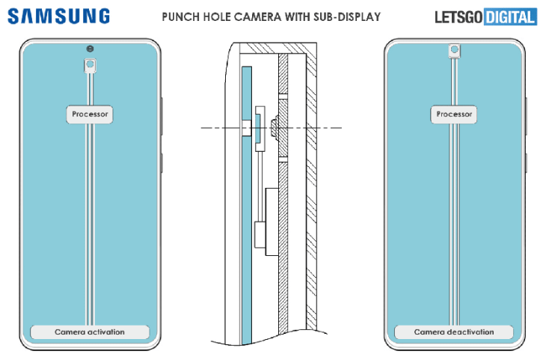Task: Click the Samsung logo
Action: (59, 16)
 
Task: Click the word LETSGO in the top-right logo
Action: (460, 16)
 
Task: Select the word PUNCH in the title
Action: (183, 16)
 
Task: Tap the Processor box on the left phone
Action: (90, 115)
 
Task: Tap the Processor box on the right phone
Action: (454, 115)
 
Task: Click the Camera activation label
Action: (90, 332)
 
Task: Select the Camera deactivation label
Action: (454, 332)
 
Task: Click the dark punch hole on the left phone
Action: (90, 49)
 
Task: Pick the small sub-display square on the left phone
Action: (90, 66)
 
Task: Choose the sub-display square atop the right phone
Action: (454, 50)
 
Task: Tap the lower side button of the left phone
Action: (162, 162)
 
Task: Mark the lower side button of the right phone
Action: (526, 162)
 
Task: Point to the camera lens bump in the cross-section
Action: (274, 128)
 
